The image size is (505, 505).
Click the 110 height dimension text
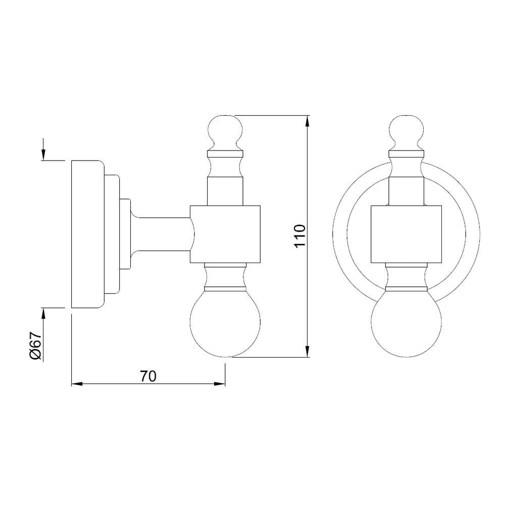tap(300, 236)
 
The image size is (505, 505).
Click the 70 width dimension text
tap(148, 376)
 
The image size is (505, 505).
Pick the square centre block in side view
tap(226, 234)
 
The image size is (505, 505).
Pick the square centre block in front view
tap(406, 234)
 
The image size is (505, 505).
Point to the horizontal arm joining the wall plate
tap(162, 234)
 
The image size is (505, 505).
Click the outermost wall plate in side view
tap(87, 234)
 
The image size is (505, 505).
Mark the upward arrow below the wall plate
tap(44, 315)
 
